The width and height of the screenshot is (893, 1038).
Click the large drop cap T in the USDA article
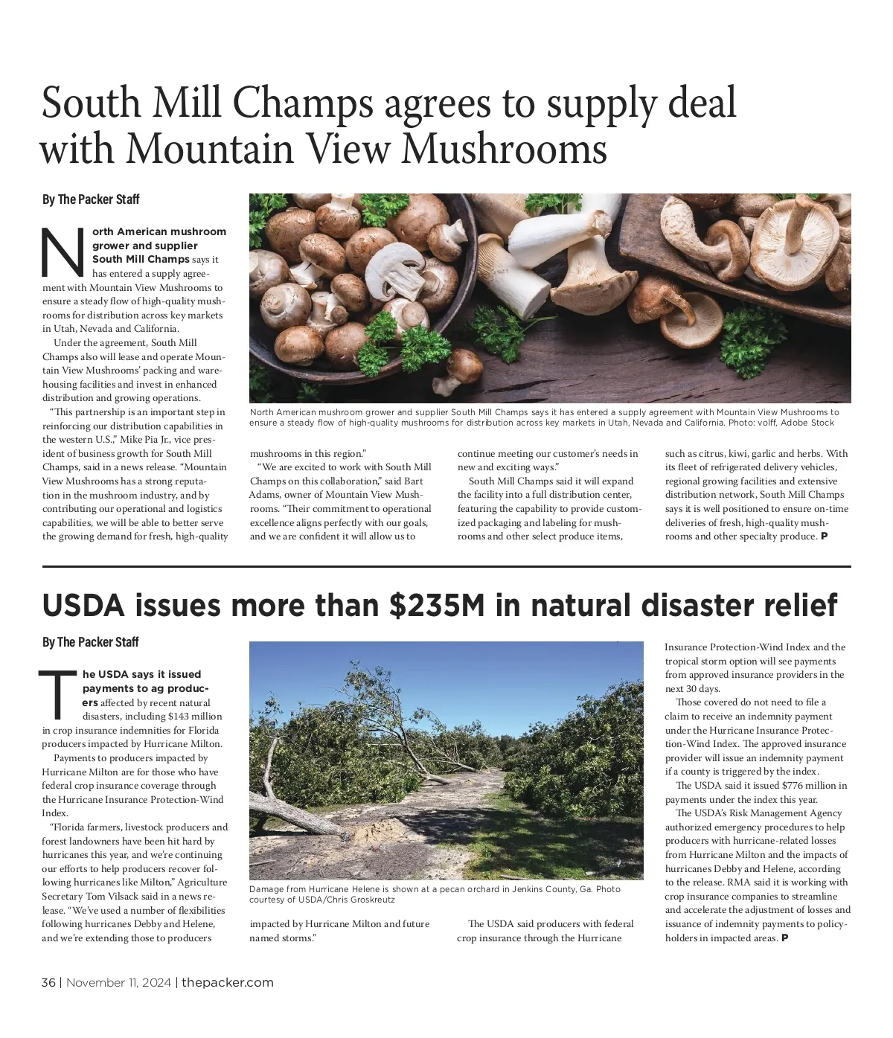(x=58, y=693)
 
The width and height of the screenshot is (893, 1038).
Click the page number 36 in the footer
(x=48, y=982)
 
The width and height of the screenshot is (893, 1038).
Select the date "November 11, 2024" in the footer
(x=120, y=982)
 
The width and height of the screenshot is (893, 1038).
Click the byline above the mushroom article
(x=91, y=199)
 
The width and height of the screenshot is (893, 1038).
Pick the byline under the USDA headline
(x=91, y=642)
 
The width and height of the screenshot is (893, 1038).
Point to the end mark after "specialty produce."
(x=824, y=536)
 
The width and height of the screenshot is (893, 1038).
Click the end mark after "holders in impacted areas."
(x=784, y=938)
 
